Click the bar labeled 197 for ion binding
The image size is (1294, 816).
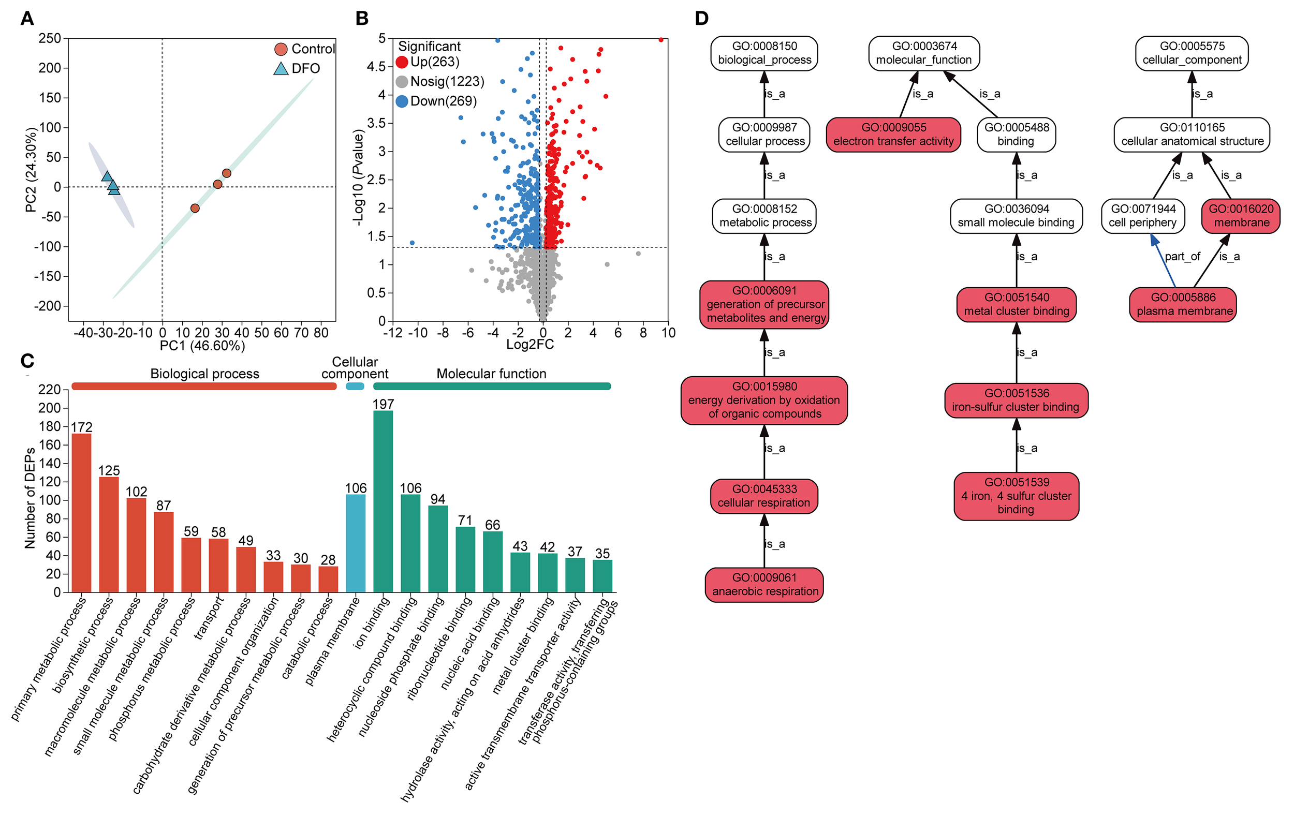[383, 501]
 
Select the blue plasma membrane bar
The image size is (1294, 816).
[355, 543]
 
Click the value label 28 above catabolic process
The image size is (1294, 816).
[328, 560]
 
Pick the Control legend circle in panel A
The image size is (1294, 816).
[281, 50]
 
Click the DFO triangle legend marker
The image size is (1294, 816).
[281, 69]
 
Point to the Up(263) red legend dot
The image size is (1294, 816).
[402, 62]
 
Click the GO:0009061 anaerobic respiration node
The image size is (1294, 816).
[764, 585]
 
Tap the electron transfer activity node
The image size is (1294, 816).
[892, 135]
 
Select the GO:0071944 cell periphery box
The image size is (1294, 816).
[1142, 216]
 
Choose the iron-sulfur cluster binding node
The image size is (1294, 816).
[1016, 400]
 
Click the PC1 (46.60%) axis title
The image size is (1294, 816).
[202, 346]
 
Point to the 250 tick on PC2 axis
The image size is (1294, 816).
[50, 38]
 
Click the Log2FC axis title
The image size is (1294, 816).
[530, 344]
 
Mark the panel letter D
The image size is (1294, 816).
[701, 18]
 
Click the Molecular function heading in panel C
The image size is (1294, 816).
[491, 374]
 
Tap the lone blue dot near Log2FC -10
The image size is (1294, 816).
[412, 243]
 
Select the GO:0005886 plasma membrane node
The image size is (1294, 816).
[1183, 305]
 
